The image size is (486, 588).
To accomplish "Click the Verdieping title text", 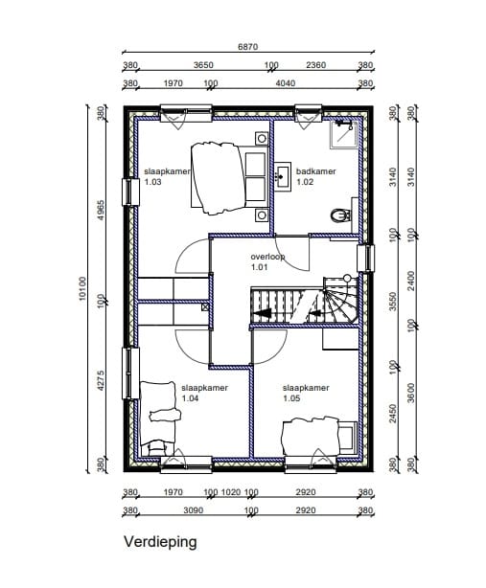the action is [160, 542].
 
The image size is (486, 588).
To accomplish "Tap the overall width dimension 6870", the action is [248, 47].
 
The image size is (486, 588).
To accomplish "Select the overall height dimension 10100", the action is [82, 288].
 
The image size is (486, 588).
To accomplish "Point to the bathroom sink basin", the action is [283, 176].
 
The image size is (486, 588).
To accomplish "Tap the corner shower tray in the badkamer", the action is [343, 134].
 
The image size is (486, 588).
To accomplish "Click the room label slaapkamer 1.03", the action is [167, 176].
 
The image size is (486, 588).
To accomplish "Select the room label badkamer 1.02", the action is [316, 176].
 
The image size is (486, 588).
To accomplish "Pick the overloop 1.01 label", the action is [267, 261].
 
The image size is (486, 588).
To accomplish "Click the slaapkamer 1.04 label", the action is [204, 393].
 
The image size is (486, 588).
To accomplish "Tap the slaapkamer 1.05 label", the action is [306, 393].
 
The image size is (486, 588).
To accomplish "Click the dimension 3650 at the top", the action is [203, 65].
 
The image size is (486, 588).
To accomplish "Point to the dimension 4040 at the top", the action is [286, 83].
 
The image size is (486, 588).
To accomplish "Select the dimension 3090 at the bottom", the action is [194, 510].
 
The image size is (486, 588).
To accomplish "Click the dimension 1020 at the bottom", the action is [231, 491].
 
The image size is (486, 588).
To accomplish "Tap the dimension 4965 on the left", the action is [101, 210].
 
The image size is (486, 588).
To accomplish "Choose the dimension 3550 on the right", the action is [393, 302].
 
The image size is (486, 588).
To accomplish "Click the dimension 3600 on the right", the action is [411, 393].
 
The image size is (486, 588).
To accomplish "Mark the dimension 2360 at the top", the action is [316, 65].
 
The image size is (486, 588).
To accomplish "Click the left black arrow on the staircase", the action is [263, 313].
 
